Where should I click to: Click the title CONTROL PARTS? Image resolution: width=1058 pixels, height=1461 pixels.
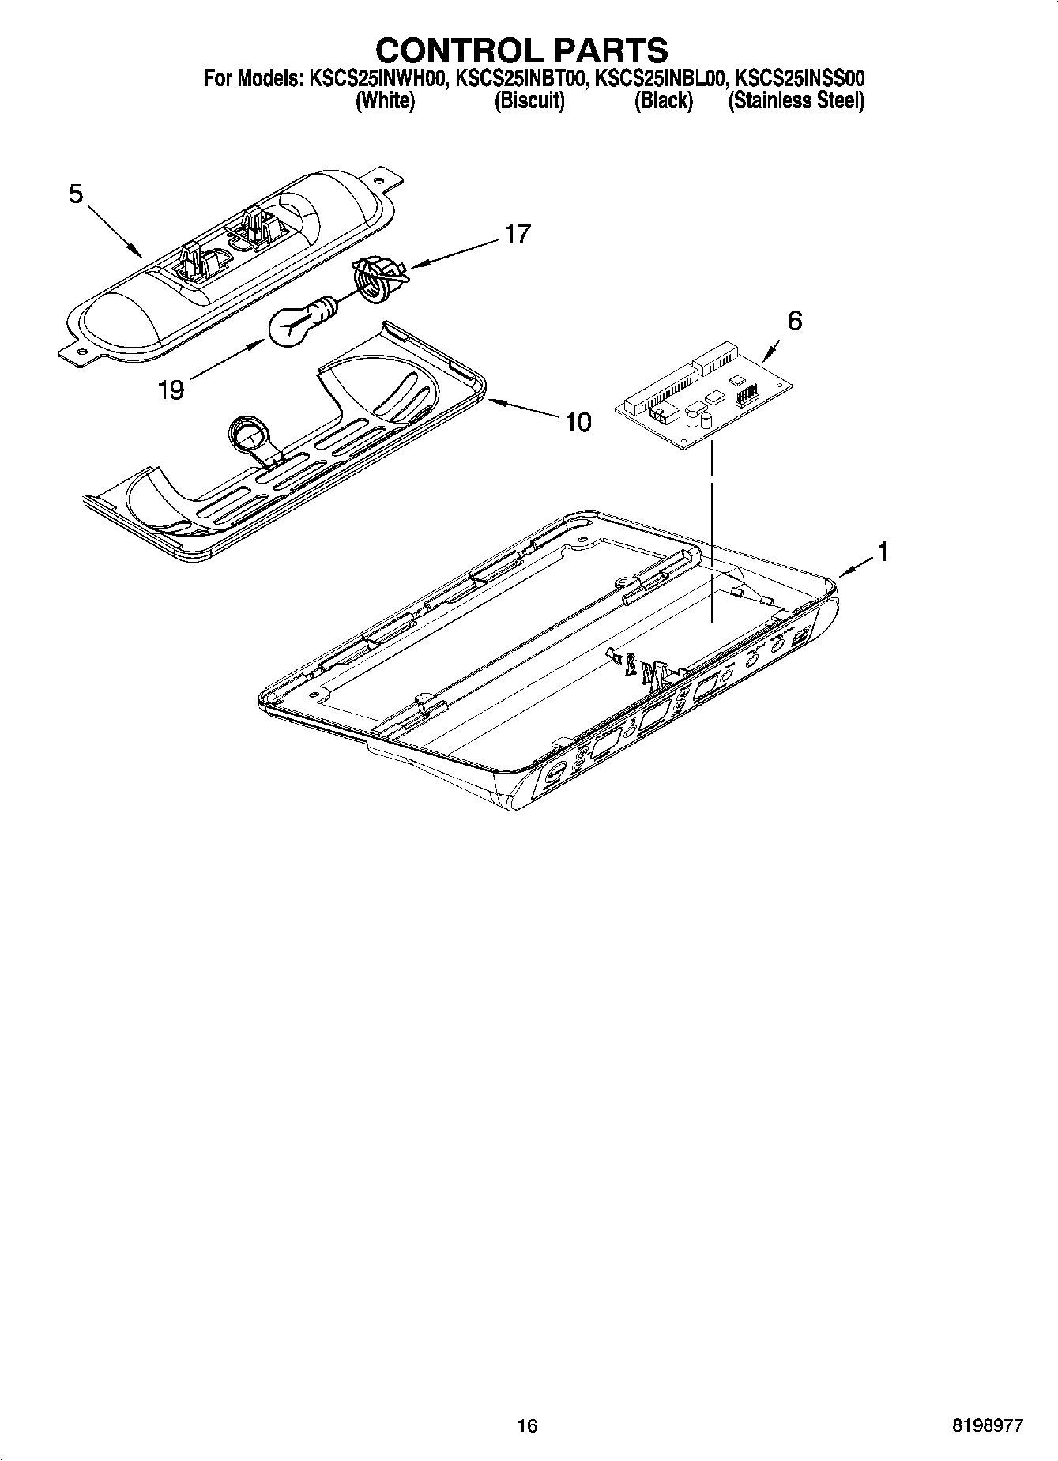point(521,51)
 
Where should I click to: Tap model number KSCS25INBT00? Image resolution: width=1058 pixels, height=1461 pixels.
point(518,79)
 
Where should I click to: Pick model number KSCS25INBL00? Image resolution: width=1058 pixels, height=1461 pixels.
point(660,79)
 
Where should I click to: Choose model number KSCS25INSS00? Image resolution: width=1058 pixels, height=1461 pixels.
point(800,79)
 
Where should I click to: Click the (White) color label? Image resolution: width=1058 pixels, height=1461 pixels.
point(385,101)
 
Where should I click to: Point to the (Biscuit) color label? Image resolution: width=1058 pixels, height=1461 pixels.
point(529,101)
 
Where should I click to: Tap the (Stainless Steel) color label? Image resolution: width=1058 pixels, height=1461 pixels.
point(796,101)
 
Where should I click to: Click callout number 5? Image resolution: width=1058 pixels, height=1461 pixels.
point(76,194)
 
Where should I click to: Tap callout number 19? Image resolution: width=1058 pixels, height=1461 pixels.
point(171,390)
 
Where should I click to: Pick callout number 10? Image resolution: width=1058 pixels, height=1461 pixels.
point(578,423)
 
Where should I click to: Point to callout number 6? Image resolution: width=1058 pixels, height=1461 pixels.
point(794,321)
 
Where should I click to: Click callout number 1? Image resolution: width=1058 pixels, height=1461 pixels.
point(883,552)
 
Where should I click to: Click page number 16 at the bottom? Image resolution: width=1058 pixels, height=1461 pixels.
point(527,1425)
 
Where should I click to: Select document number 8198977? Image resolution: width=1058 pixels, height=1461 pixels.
point(988,1425)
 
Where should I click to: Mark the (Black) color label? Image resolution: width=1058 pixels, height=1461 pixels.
point(664,101)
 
